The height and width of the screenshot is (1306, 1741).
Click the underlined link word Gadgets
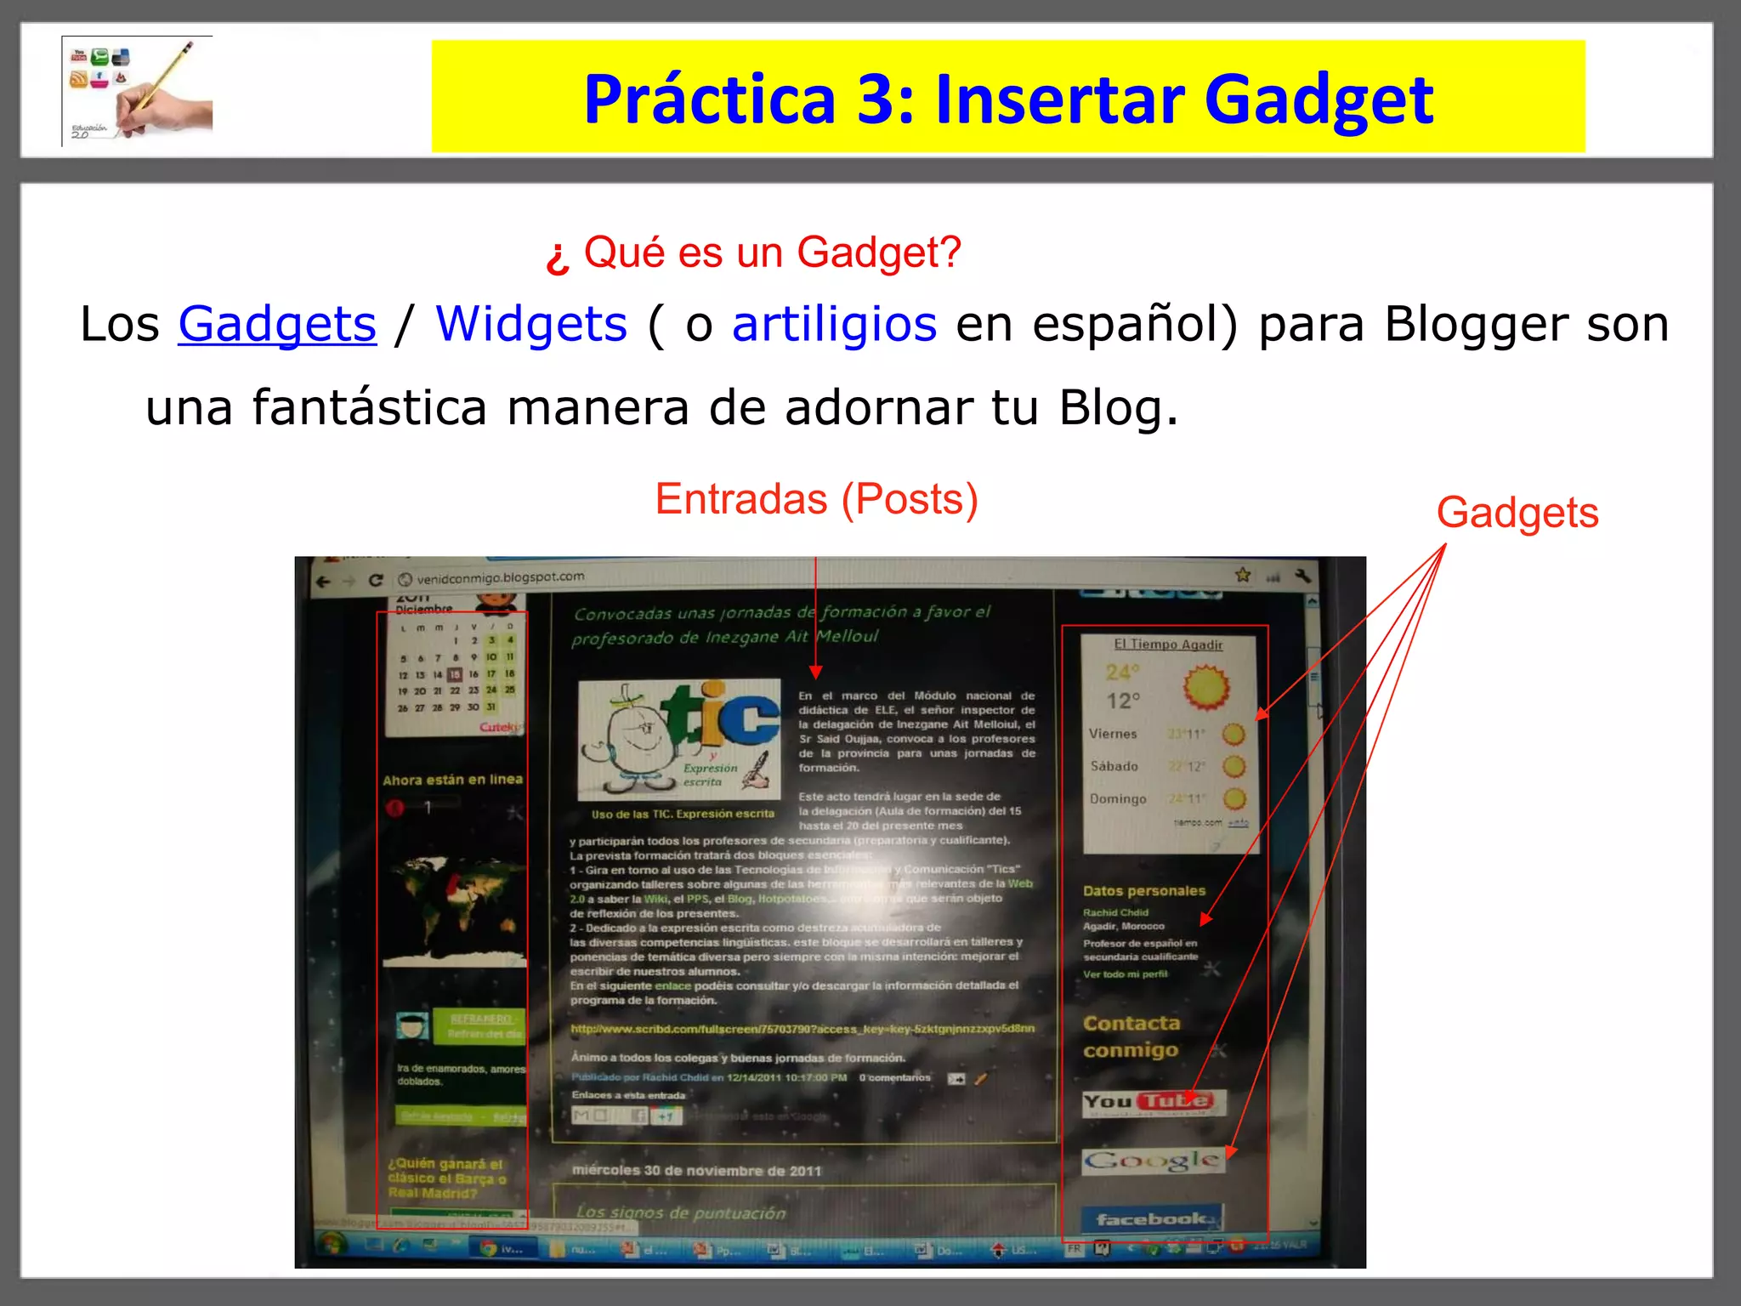point(276,325)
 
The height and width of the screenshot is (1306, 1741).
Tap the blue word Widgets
point(531,325)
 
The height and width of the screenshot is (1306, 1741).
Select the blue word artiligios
point(834,325)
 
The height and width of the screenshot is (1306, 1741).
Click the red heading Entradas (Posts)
point(816,499)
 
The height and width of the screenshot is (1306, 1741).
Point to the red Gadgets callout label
point(1517,514)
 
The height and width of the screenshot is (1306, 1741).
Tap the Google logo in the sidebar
point(1152,1161)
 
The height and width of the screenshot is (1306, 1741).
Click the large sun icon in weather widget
point(1206,687)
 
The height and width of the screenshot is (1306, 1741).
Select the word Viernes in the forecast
point(1113,734)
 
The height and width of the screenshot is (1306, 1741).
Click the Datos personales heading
point(1143,891)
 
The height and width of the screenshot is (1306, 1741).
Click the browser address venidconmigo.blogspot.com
point(501,577)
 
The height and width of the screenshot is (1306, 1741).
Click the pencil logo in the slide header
point(138,91)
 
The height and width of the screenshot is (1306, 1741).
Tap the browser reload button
point(376,580)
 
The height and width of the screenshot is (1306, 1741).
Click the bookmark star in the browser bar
point(1243,576)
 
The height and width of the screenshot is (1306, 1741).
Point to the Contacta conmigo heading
point(1131,1036)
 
